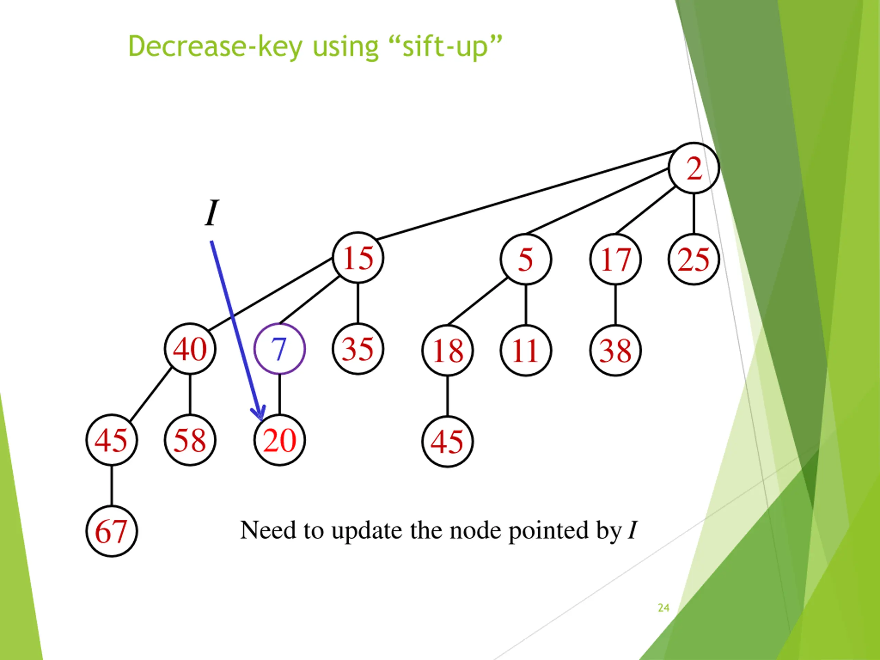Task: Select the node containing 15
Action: tap(358, 258)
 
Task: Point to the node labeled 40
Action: tap(190, 349)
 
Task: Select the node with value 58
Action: tap(190, 440)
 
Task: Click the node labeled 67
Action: tap(112, 531)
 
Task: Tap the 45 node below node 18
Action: tap(448, 442)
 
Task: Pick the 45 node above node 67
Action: tap(112, 440)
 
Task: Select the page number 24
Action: tap(663, 607)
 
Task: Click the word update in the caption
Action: tap(366, 531)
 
